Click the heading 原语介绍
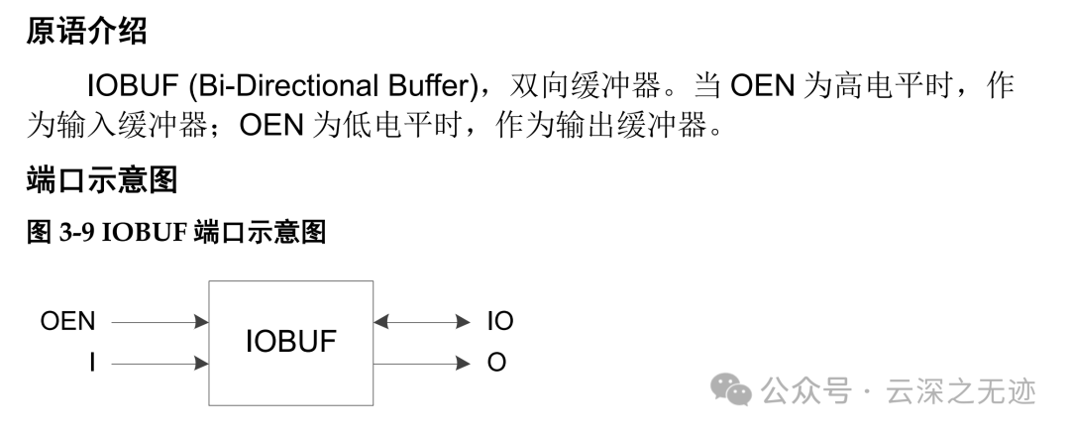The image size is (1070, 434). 86,32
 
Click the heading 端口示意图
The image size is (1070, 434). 101,180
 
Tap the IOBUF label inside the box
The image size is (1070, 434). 290,343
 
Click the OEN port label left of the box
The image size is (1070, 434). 68,321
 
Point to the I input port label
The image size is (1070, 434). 92,364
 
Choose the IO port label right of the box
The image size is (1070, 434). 500,321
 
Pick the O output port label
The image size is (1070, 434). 496,364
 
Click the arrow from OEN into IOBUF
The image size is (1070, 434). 159,321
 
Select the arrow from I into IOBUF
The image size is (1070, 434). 159,364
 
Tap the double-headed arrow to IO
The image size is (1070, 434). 422,321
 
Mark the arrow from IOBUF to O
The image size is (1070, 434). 422,364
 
